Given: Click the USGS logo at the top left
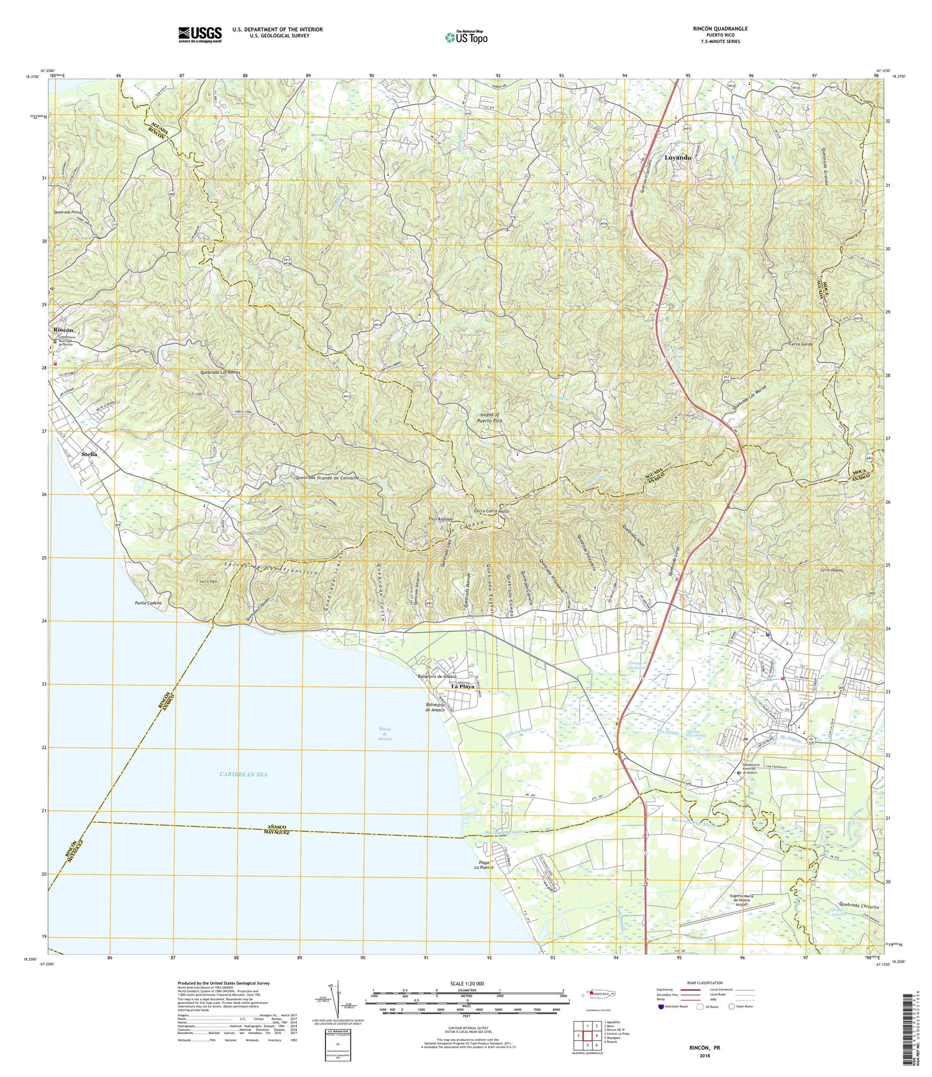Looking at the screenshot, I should (x=199, y=34).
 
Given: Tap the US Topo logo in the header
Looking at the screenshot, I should (x=466, y=37).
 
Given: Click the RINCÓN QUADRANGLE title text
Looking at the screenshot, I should (x=720, y=29).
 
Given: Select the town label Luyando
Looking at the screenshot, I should (x=677, y=158).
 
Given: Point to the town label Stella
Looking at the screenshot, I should (x=89, y=454).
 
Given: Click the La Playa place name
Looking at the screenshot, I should (x=462, y=686).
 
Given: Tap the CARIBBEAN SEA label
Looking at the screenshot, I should (x=243, y=774).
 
